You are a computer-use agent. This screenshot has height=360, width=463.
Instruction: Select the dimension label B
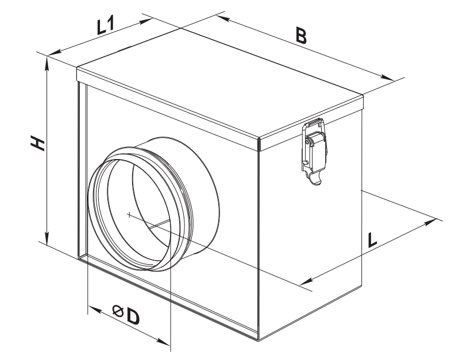point(301,36)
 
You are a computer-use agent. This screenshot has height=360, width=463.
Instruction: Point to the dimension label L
point(372,240)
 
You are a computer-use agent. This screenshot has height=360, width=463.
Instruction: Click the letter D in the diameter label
point(133,317)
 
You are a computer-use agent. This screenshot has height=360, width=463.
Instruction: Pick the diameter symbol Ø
point(118,311)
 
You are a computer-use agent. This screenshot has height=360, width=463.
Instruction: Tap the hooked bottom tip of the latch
point(317,183)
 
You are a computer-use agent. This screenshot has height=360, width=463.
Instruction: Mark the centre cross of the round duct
point(129,215)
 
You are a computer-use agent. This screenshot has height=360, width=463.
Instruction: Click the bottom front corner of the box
point(258,340)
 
